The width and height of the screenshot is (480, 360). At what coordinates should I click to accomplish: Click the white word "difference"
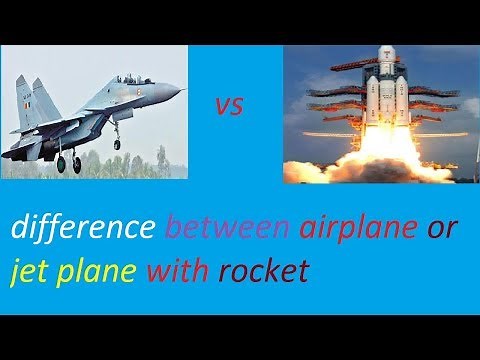click(x=83, y=228)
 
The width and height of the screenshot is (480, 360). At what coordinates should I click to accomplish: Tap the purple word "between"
click(x=226, y=228)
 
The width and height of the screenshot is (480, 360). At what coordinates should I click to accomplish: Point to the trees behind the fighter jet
click(x=160, y=160)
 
